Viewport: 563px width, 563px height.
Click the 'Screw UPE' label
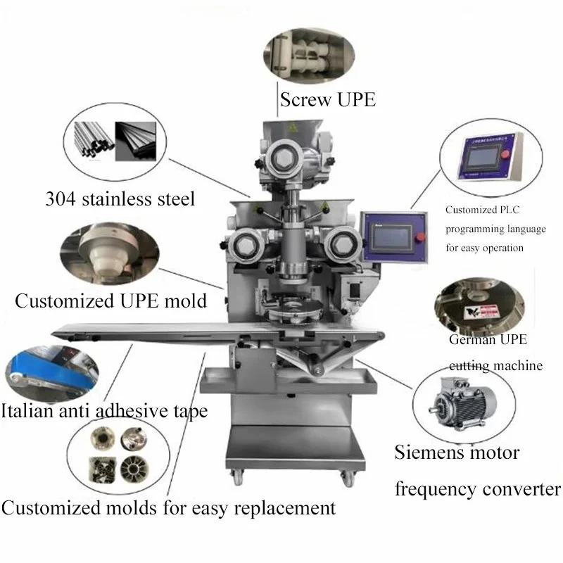[x=327, y=99]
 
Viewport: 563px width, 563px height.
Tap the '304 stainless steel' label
[x=120, y=198]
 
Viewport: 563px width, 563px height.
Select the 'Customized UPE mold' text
[x=111, y=301]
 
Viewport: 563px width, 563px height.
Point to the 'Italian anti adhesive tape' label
[x=104, y=410]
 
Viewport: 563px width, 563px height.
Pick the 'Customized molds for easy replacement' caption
[x=167, y=507]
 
